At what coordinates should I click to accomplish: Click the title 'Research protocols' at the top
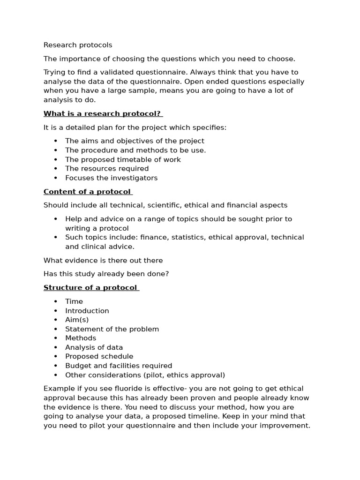point(78,45)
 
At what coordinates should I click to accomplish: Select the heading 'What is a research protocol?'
point(102,114)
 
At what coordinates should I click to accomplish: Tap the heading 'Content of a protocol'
point(87,192)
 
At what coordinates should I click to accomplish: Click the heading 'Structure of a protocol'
point(90,288)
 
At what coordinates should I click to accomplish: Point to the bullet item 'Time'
point(74,301)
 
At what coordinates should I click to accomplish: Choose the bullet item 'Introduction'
point(87,311)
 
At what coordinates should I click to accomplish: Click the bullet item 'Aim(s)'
point(77,320)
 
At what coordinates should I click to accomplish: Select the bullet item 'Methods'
point(81,338)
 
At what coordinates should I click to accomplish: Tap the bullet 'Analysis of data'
point(94,347)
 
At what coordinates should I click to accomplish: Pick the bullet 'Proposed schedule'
point(99,356)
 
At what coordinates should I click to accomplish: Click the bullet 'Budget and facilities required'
point(119,366)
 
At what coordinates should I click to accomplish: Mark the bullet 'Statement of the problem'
point(112,329)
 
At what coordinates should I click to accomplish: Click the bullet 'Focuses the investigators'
point(111,178)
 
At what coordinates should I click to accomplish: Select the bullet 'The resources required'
point(107,169)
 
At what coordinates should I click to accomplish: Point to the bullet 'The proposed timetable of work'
point(123,159)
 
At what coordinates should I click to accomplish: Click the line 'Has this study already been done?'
point(106,274)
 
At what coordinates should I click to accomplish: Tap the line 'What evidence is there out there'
point(103,261)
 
